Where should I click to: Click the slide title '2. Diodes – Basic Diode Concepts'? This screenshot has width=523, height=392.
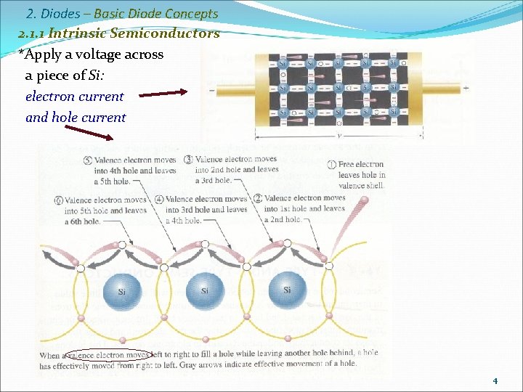(121, 14)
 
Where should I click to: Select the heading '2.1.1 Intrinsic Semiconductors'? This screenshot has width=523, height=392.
(119, 33)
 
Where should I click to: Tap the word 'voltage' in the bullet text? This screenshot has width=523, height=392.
(96, 54)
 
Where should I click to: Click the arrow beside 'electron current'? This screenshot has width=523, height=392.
(163, 93)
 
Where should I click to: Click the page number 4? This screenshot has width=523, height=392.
(495, 380)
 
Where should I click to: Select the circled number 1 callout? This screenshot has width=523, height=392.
(333, 165)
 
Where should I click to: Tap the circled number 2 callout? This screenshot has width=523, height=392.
(258, 198)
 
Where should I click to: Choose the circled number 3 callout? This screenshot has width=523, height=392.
(188, 160)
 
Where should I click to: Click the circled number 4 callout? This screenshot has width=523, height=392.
(159, 199)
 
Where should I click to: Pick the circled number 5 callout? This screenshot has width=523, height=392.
(88, 160)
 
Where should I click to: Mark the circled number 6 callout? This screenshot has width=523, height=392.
(58, 200)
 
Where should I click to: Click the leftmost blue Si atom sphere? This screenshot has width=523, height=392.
(122, 290)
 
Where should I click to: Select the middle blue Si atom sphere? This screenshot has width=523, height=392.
(205, 290)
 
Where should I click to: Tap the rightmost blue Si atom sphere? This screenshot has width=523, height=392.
(288, 290)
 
